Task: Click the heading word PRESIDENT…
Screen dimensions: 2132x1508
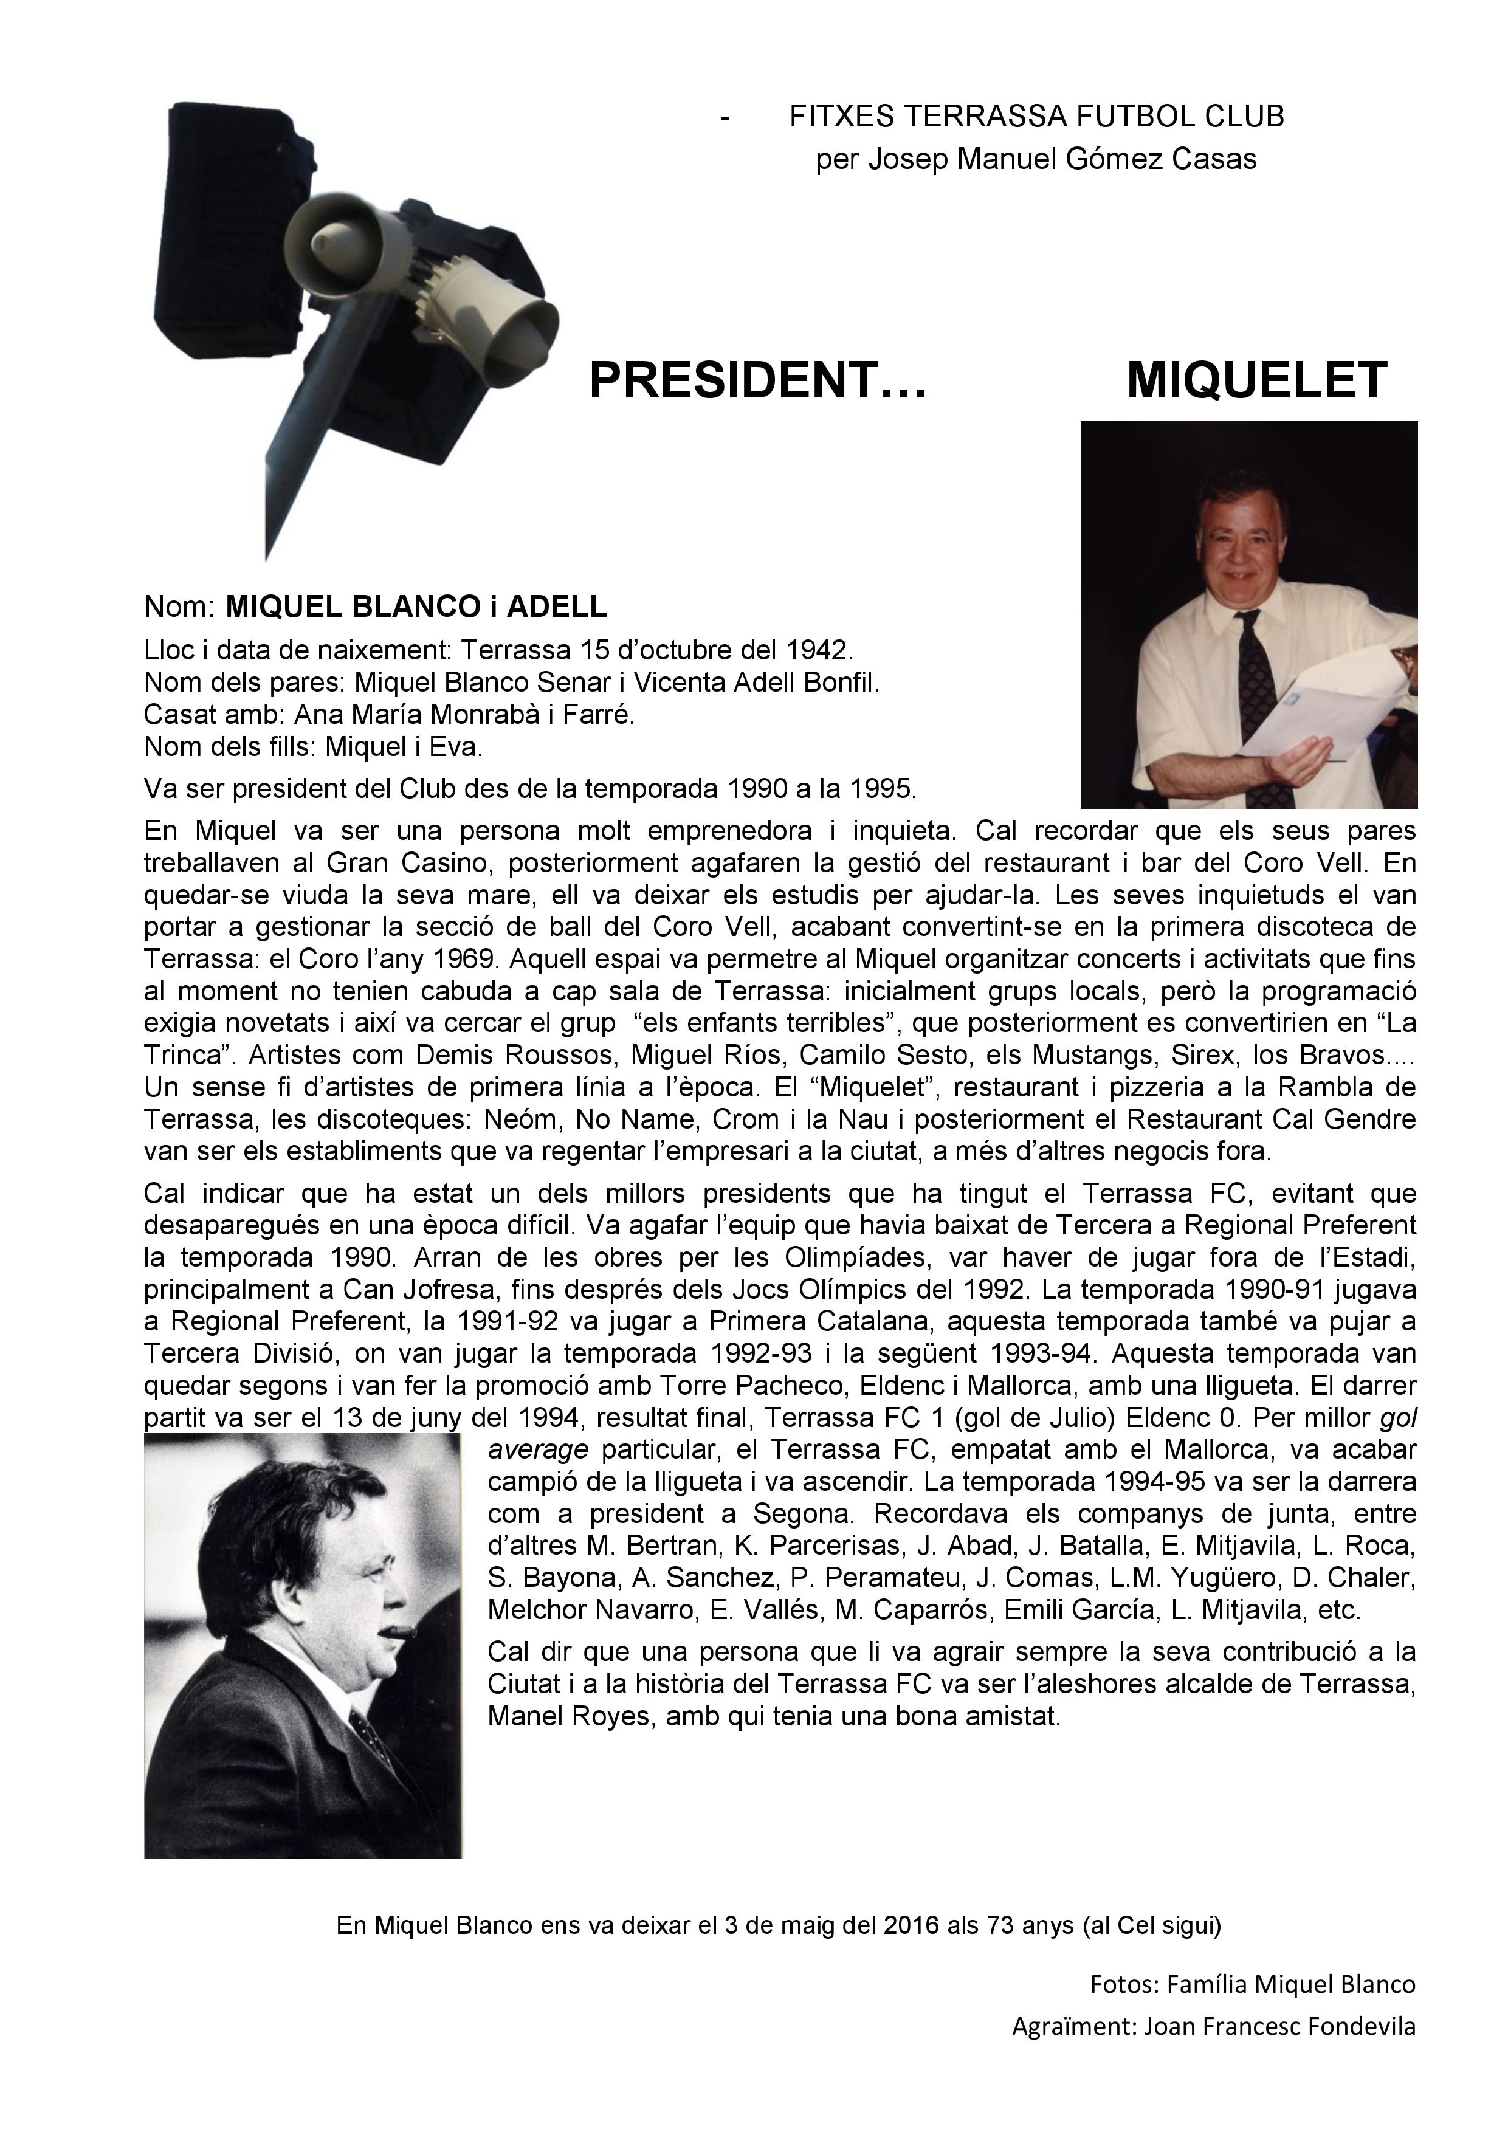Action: pyautogui.click(x=758, y=380)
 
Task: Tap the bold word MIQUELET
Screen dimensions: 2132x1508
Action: pyautogui.click(x=1256, y=380)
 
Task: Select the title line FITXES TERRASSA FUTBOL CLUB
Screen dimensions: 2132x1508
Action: pyautogui.click(x=1036, y=117)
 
